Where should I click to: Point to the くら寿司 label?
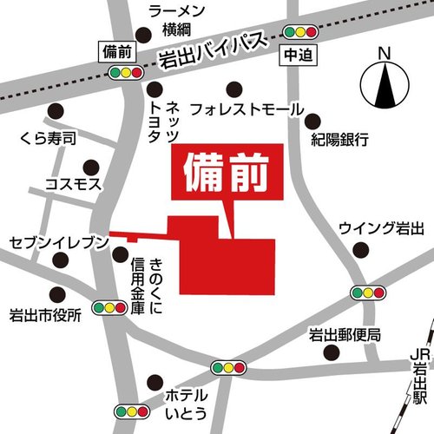coord(49,138)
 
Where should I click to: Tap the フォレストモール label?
coord(247,110)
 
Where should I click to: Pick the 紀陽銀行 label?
coord(339,139)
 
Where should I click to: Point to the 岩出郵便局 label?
coord(345,334)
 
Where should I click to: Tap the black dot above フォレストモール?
coord(233,87)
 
